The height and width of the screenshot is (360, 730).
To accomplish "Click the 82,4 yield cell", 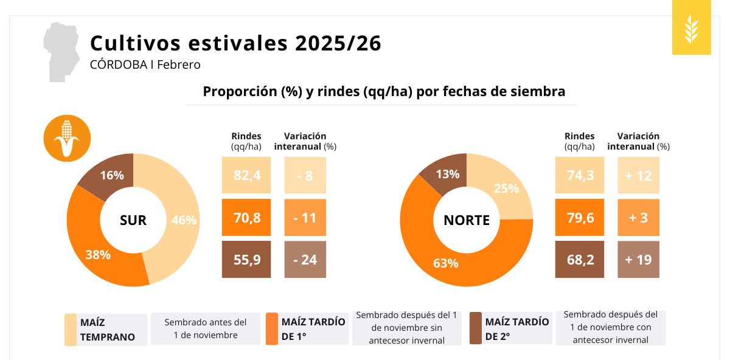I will [x=246, y=176].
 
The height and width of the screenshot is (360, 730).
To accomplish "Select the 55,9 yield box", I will [x=246, y=260].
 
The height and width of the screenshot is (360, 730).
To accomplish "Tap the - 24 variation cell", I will [x=305, y=260].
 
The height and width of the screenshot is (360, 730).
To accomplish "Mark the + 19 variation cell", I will [x=638, y=260].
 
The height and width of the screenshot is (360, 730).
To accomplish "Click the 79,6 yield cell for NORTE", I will [x=579, y=218].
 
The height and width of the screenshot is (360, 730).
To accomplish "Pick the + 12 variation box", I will [x=638, y=176].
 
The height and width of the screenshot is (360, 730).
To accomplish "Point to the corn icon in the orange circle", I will [x=67, y=138].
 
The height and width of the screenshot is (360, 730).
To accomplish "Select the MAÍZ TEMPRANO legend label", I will [x=107, y=330].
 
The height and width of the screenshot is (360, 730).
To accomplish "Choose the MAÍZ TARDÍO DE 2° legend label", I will [x=516, y=329].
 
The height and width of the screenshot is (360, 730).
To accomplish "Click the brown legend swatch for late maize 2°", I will [x=476, y=328].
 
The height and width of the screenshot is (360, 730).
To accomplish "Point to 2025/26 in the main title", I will [x=338, y=44].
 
